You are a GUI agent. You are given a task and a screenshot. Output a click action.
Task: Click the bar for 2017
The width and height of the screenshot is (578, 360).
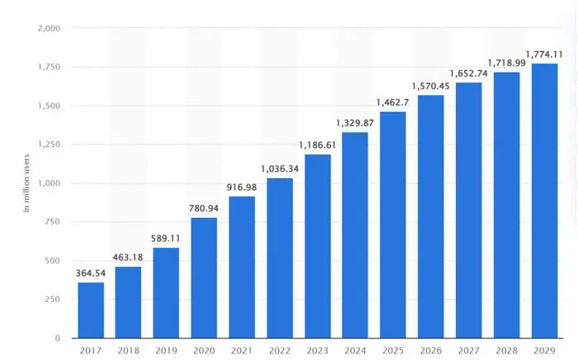pyautogui.click(x=92, y=310)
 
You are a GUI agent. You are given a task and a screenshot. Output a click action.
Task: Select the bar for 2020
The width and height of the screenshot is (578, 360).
pyautogui.click(x=205, y=277)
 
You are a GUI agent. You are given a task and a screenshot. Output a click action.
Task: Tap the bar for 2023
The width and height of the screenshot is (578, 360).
pyautogui.click(x=318, y=246)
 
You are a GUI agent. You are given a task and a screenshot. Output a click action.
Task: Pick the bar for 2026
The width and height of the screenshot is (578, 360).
pyautogui.click(x=431, y=216)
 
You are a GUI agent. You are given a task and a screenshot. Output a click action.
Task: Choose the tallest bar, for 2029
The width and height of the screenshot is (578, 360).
pyautogui.click(x=544, y=201)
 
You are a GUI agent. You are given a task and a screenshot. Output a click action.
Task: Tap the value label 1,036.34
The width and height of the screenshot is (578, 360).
pyautogui.click(x=280, y=169)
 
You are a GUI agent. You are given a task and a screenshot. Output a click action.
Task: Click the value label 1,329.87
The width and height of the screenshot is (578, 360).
pyautogui.click(x=355, y=124)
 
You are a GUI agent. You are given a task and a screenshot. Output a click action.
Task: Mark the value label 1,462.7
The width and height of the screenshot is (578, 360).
pyautogui.click(x=393, y=103)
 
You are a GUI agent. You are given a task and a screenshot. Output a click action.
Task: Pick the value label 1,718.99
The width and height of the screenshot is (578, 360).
pyautogui.click(x=506, y=64)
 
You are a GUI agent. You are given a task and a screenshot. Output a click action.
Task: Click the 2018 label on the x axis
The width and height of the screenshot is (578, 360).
pyautogui.click(x=129, y=350)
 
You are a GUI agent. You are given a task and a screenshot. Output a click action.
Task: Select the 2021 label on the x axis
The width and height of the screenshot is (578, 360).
pyautogui.click(x=242, y=350)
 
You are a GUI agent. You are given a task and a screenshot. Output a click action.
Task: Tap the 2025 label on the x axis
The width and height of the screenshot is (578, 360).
pyautogui.click(x=393, y=350)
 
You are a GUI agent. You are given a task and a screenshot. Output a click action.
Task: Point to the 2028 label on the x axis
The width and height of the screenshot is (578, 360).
pyautogui.click(x=506, y=350)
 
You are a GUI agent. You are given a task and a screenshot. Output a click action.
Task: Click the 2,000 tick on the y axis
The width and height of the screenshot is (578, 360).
pyautogui.click(x=49, y=28)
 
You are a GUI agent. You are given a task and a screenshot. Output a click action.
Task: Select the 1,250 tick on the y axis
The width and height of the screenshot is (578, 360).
pyautogui.click(x=49, y=144)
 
